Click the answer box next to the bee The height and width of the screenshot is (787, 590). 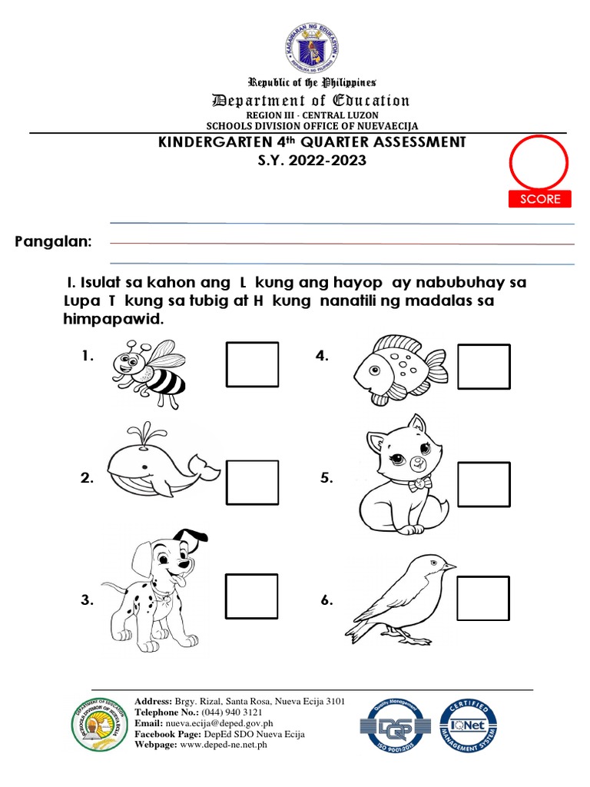[252, 365]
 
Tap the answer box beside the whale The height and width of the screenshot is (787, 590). [252, 483]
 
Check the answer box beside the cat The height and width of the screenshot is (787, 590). [484, 486]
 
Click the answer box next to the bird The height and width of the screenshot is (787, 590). [484, 599]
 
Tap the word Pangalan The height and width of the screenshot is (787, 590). [53, 243]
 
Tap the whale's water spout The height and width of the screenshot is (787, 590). [140, 433]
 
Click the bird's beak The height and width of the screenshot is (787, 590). [449, 566]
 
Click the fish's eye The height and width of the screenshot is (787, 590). [373, 369]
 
